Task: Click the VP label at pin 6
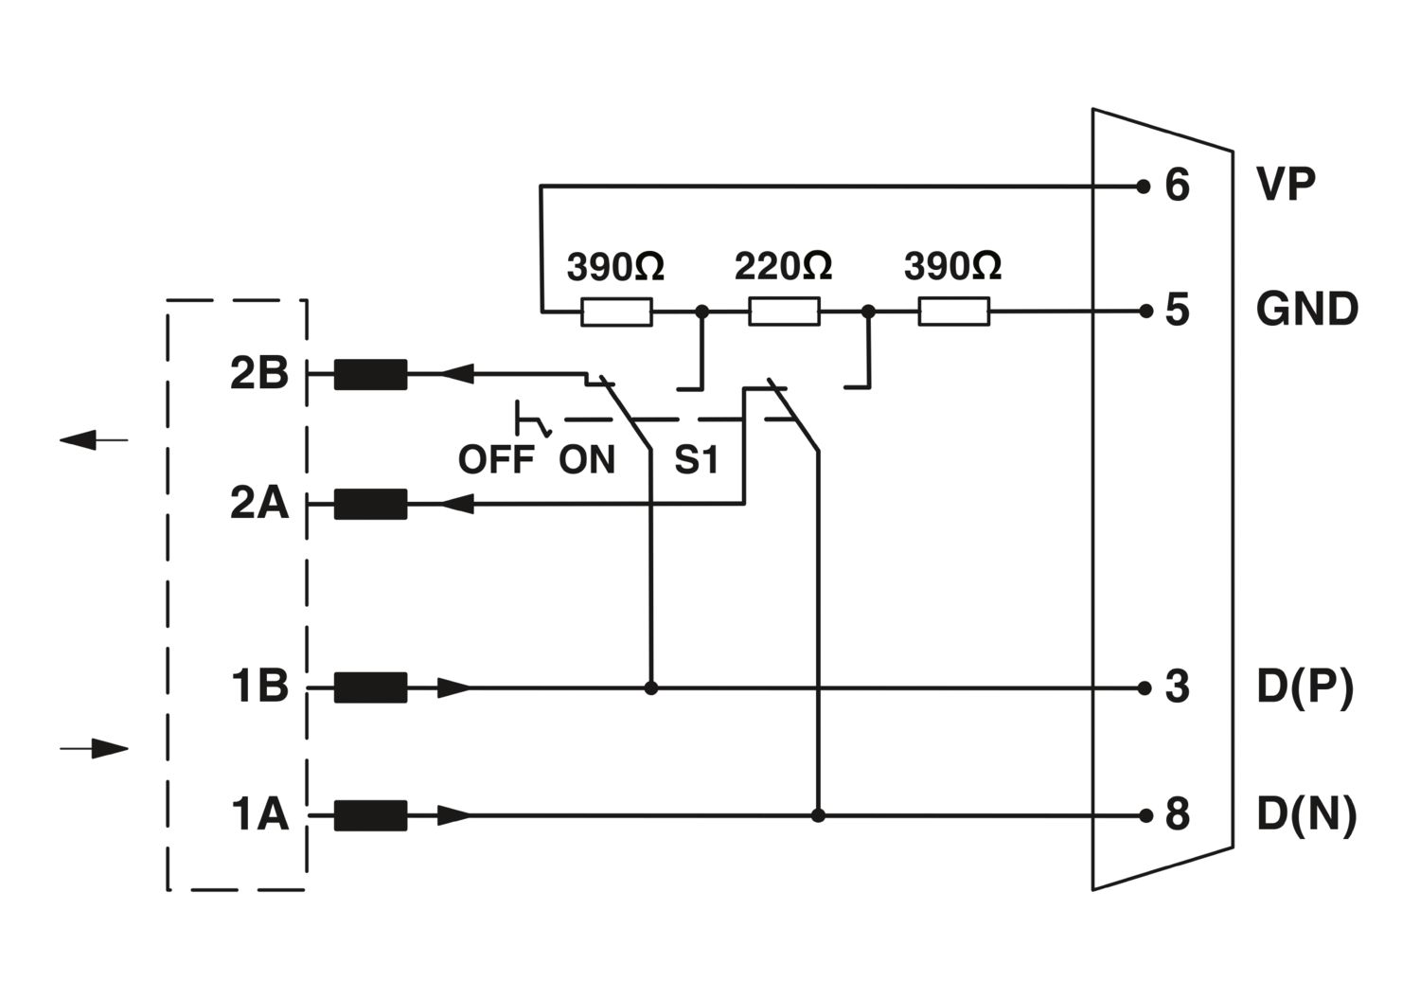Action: click(x=1285, y=185)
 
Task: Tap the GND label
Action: click(x=1306, y=310)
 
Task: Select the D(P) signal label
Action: click(x=1305, y=687)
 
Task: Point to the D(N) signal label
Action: click(x=1306, y=814)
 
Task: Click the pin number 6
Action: click(x=1177, y=186)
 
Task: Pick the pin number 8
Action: click(x=1177, y=814)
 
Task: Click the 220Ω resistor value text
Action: click(x=783, y=266)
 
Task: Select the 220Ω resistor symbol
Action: click(x=784, y=311)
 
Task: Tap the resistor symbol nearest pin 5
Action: click(x=953, y=311)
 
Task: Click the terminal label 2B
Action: click(x=258, y=374)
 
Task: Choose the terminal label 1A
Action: click(x=258, y=814)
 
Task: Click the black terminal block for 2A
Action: click(x=371, y=505)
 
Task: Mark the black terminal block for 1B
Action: click(x=371, y=687)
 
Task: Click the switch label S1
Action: click(x=696, y=461)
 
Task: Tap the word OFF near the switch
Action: click(x=496, y=460)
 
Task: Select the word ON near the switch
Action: click(x=587, y=460)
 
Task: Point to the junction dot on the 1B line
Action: click(x=650, y=688)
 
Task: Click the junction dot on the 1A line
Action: click(x=818, y=814)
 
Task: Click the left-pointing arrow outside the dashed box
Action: click(x=94, y=439)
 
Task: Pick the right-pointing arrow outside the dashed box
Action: click(x=94, y=749)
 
